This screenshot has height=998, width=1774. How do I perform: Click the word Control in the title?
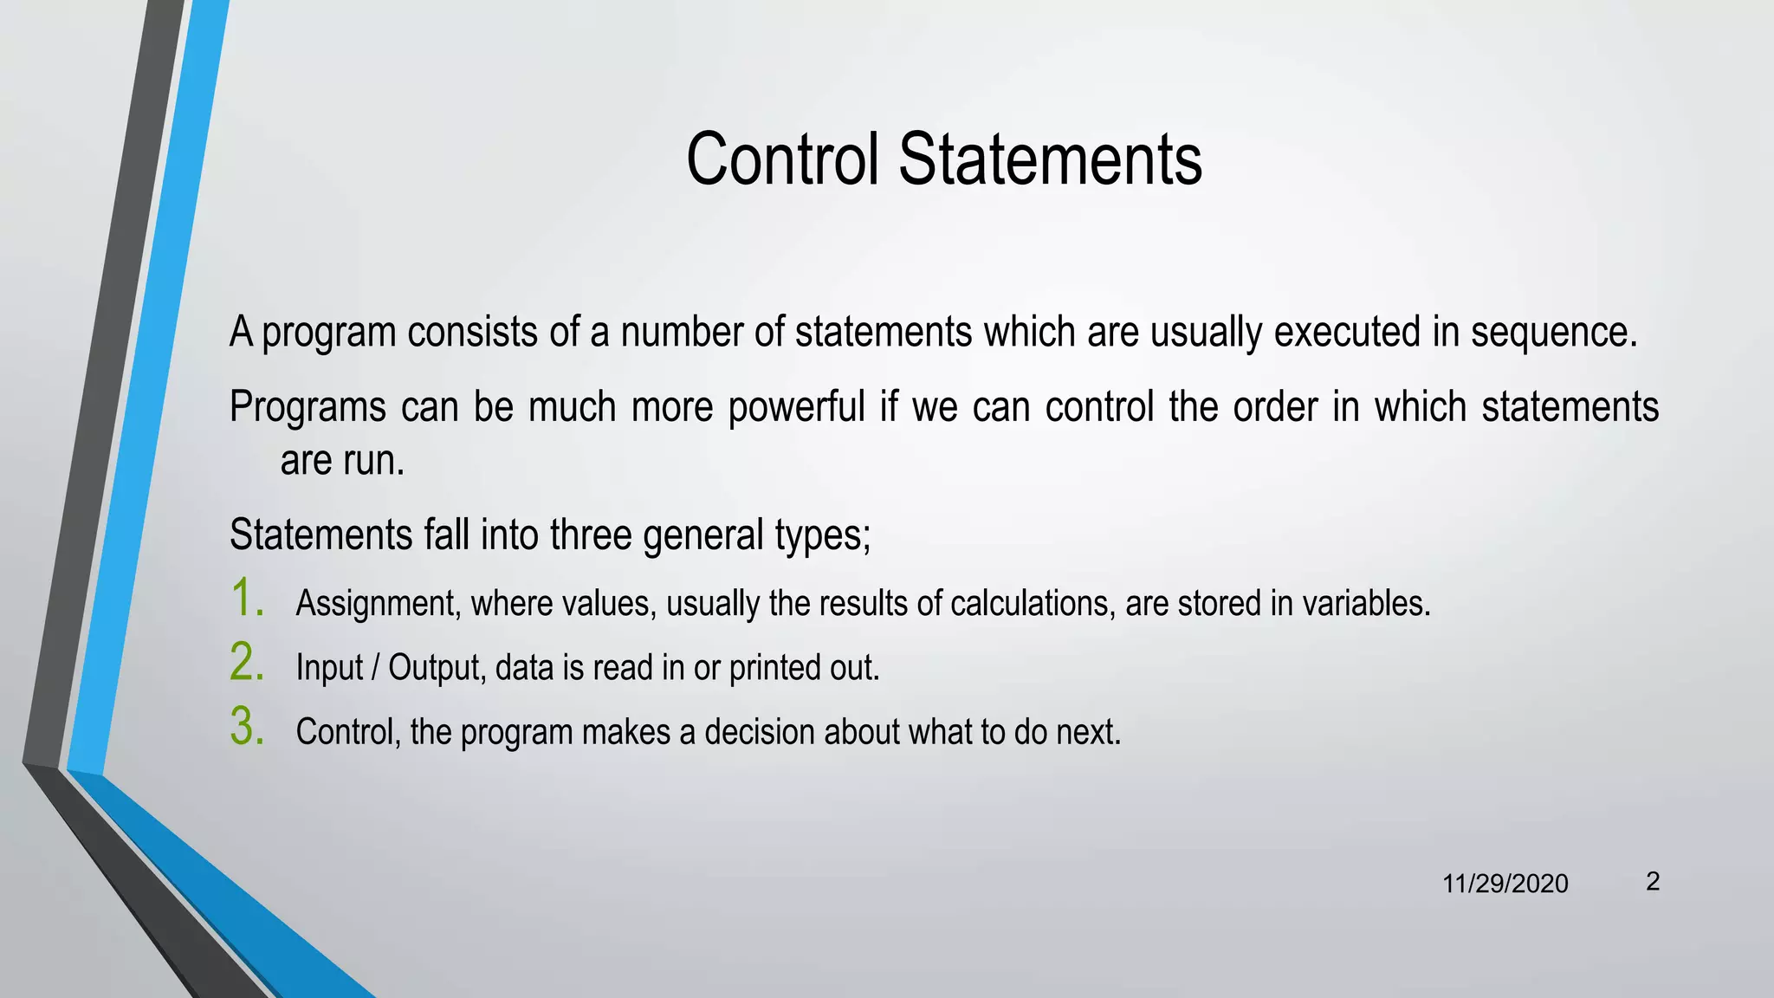point(781,159)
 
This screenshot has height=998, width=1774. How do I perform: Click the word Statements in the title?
point(1050,159)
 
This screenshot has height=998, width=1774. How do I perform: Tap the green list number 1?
point(246,599)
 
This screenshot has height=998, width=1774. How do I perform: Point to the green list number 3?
point(246,727)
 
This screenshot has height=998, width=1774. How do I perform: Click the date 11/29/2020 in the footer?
point(1505,884)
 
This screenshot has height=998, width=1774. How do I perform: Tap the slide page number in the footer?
point(1653,882)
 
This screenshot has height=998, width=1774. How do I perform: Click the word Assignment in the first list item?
point(376,604)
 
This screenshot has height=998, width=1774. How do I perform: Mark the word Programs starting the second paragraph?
point(308,407)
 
